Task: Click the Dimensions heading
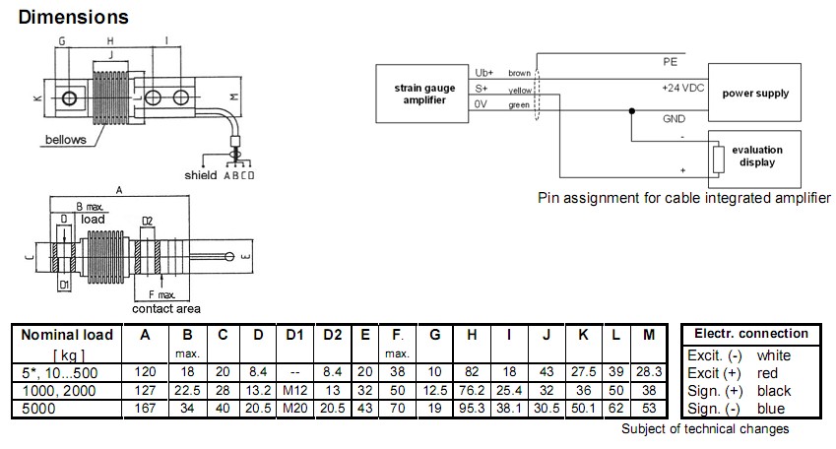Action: pyautogui.click(x=74, y=17)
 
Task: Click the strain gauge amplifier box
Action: pyautogui.click(x=418, y=95)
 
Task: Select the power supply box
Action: pyautogui.click(x=755, y=95)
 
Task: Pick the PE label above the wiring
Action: pyautogui.click(x=669, y=61)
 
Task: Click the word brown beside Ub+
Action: pyautogui.click(x=519, y=73)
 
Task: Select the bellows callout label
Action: pyautogui.click(x=66, y=140)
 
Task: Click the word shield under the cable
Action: pyautogui.click(x=201, y=175)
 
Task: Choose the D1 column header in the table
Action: pyautogui.click(x=294, y=335)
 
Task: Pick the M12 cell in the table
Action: pyautogui.click(x=294, y=390)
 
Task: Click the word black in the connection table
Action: pyautogui.click(x=774, y=391)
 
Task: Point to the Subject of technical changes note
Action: pyautogui.click(x=705, y=428)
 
